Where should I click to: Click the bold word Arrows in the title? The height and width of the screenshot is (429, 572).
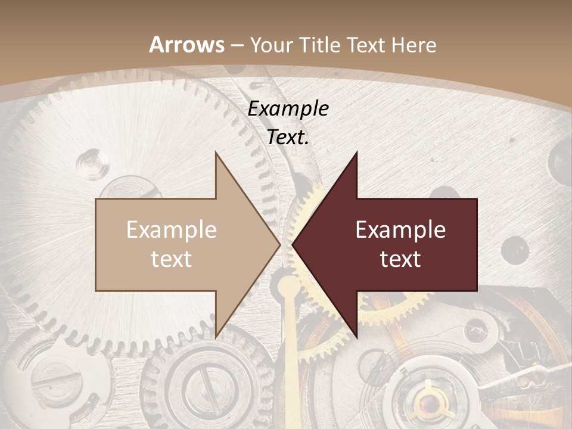click(x=186, y=45)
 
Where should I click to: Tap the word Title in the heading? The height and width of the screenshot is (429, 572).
click(x=320, y=45)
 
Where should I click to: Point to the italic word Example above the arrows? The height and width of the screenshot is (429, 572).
click(x=288, y=109)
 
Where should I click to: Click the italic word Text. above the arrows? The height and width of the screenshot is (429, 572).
click(x=288, y=138)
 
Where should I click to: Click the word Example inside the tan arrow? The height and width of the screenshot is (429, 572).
click(x=172, y=230)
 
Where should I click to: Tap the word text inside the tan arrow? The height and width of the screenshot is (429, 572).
click(x=172, y=259)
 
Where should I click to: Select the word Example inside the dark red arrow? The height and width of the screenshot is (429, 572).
click(x=400, y=230)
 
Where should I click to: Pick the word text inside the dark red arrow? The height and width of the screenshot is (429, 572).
click(x=400, y=259)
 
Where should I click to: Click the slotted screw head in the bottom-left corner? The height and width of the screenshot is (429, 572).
click(x=57, y=379)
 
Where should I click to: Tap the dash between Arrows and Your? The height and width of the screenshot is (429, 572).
click(x=237, y=45)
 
